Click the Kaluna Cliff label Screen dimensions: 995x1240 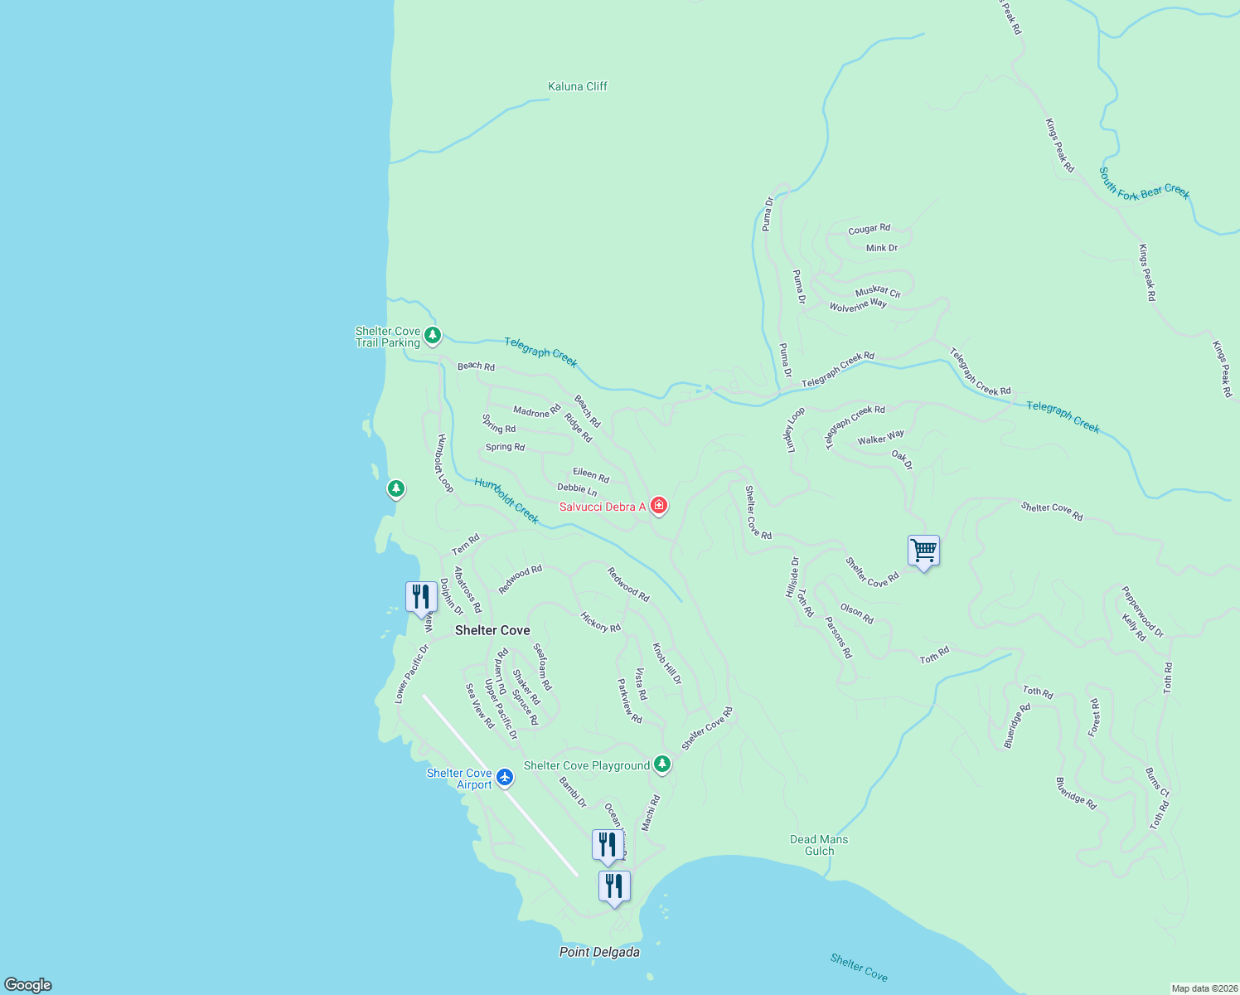(578, 86)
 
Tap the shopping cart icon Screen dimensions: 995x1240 (923, 550)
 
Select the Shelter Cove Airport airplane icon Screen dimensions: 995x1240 (505, 778)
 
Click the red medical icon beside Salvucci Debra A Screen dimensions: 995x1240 (659, 505)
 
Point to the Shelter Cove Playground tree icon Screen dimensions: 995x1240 (661, 764)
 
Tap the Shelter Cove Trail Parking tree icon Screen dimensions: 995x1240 (432, 335)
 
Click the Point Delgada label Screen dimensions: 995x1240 (599, 952)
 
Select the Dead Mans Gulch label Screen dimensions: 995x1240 (819, 845)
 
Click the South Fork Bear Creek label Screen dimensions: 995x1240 (1144, 184)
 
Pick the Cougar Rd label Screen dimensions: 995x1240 (869, 229)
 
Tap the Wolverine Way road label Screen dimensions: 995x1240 (858, 306)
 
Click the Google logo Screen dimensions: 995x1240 (28, 985)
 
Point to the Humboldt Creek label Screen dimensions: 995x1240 (506, 501)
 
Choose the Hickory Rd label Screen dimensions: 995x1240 (600, 622)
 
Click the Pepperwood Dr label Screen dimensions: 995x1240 (1142, 612)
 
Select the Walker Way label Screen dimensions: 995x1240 (880, 438)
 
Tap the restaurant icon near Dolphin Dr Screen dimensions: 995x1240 (421, 596)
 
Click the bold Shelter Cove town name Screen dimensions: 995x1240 (492, 630)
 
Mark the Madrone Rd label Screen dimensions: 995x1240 (536, 411)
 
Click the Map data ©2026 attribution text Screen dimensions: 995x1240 (1204, 988)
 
